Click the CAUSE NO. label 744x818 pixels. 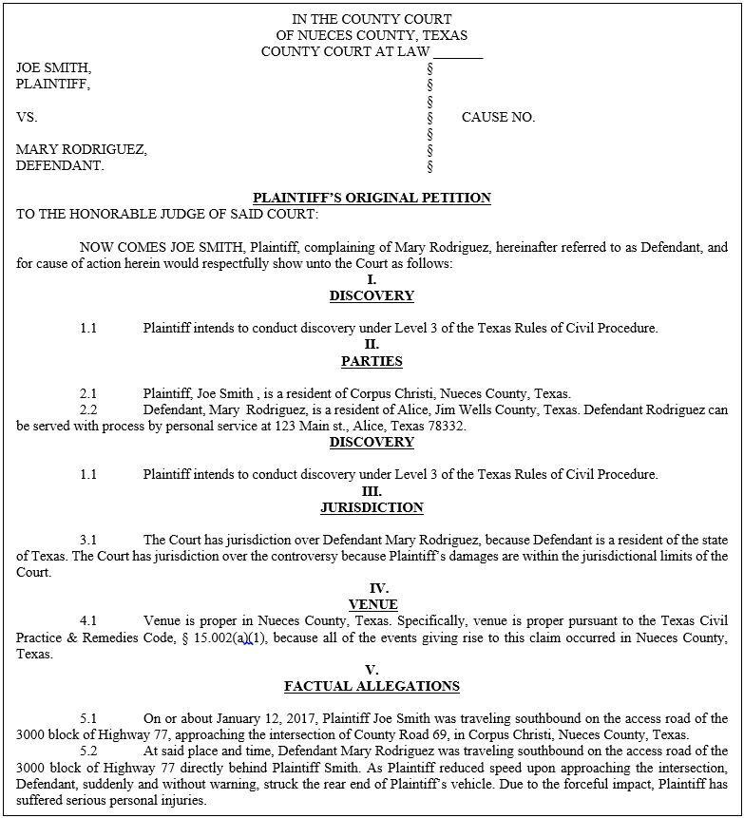pyautogui.click(x=498, y=118)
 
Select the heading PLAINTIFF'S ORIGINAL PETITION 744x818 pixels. pyautogui.click(x=372, y=198)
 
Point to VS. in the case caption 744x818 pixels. pyautogui.click(x=27, y=118)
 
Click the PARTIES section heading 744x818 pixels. pyautogui.click(x=372, y=361)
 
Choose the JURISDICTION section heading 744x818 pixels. pyautogui.click(x=372, y=507)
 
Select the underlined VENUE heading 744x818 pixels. pyautogui.click(x=372, y=604)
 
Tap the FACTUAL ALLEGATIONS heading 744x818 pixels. pyautogui.click(x=372, y=686)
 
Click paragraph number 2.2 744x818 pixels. pyautogui.click(x=88, y=409)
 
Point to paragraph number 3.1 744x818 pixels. pyautogui.click(x=88, y=540)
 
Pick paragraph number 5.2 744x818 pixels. pyautogui.click(x=88, y=751)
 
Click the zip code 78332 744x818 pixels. pyautogui.click(x=447, y=427)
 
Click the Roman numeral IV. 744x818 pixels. pyautogui.click(x=372, y=588)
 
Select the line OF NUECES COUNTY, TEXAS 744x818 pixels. pyautogui.click(x=372, y=36)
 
